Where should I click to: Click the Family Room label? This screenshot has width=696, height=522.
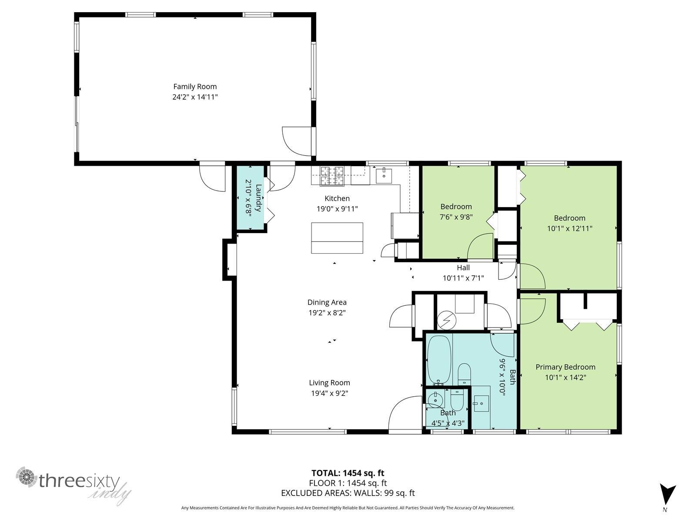click(x=195, y=86)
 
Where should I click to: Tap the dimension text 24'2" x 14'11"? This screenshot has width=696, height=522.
click(x=195, y=97)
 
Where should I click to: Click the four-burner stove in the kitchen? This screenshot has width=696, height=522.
click(x=332, y=176)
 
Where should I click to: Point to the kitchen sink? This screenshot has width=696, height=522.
click(x=384, y=176)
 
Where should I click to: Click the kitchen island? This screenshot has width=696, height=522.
click(x=337, y=238)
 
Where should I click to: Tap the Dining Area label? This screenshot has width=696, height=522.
click(x=327, y=302)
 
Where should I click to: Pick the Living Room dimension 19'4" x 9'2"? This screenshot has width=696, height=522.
click(x=329, y=393)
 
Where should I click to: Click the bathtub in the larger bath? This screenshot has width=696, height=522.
click(x=439, y=359)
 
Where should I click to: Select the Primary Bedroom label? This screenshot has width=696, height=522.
click(x=565, y=367)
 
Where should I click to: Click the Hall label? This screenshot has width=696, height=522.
click(x=463, y=268)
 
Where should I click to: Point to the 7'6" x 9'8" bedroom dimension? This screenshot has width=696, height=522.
click(x=456, y=217)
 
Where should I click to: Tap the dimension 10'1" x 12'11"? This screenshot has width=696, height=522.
click(x=569, y=228)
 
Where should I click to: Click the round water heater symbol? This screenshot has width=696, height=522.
click(x=446, y=320)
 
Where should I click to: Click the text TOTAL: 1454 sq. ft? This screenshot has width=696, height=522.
click(x=348, y=473)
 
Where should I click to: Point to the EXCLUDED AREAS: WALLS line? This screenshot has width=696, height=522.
click(x=348, y=493)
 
